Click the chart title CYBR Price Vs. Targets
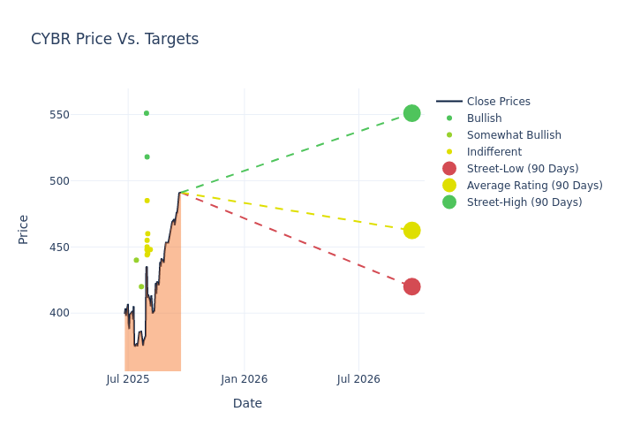tap(115, 39)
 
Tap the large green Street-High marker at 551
tap(411, 113)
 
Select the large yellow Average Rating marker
tap(411, 231)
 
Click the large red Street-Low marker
tap(411, 286)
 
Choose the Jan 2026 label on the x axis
tap(244, 379)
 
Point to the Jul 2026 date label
tap(358, 379)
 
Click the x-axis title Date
tap(247, 403)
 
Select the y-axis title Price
tap(24, 229)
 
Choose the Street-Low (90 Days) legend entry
tap(523, 169)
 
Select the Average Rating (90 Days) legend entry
tap(534, 186)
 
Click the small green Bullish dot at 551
tap(147, 113)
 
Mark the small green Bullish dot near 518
tap(147, 157)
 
